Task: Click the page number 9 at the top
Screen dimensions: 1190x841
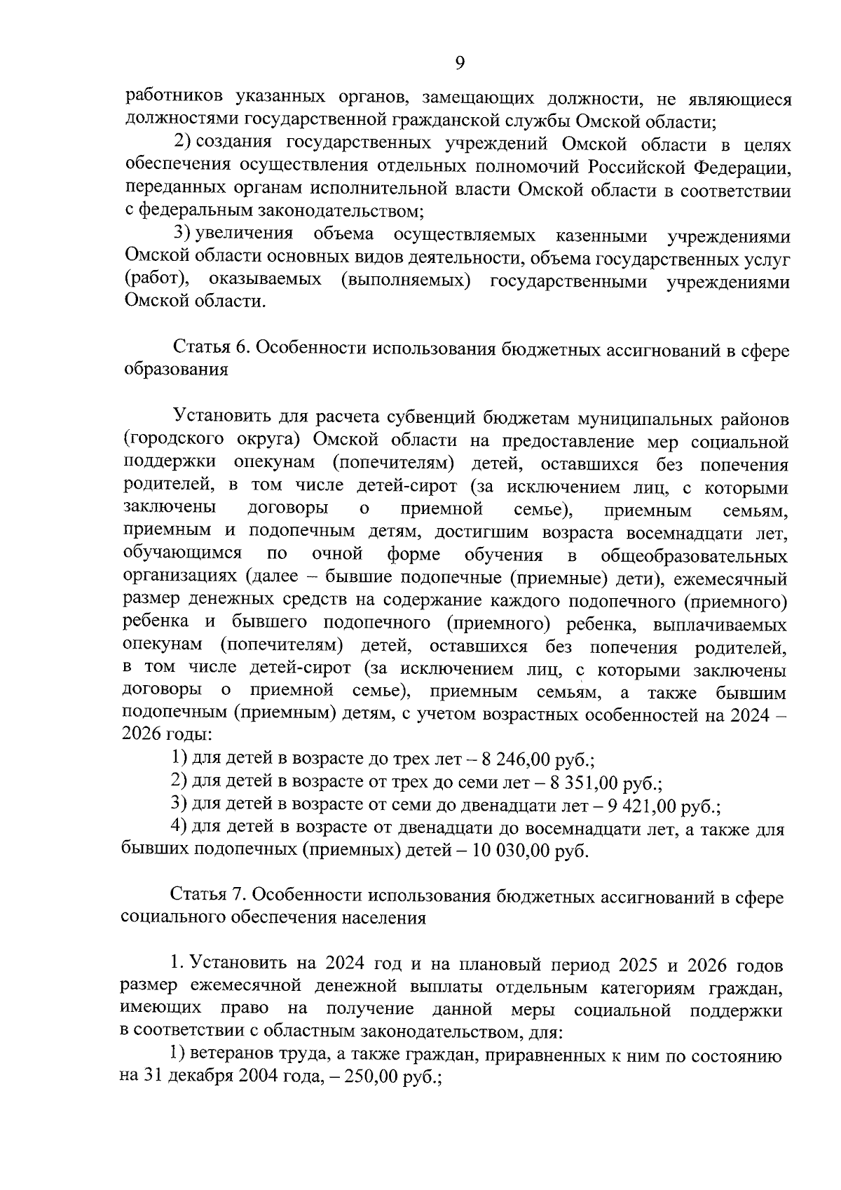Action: click(x=460, y=64)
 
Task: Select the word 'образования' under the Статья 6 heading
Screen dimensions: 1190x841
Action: click(x=175, y=370)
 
